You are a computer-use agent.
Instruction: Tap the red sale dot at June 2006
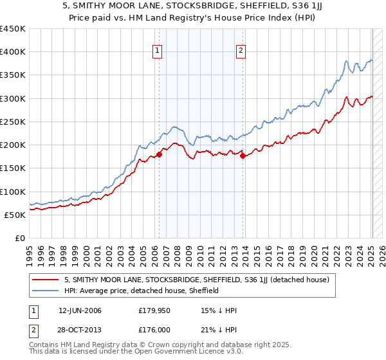[159, 154]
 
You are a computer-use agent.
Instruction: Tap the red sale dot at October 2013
[243, 156]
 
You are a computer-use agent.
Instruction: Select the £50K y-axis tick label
[15, 215]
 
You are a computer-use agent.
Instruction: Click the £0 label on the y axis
[19, 238]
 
